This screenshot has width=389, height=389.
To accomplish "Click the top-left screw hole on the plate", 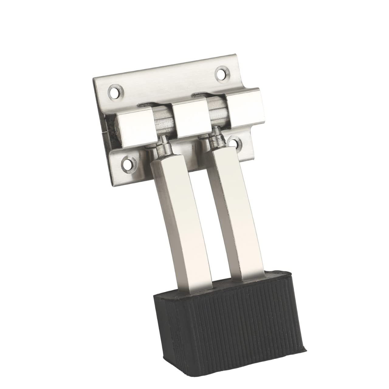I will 114,91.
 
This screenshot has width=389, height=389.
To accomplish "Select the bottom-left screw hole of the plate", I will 127,164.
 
